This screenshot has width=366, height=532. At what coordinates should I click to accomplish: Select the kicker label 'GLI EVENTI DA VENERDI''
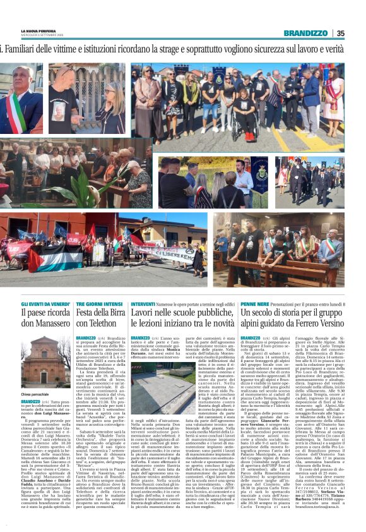[x=42, y=304]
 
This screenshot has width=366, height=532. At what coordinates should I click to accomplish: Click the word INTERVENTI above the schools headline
[x=143, y=304]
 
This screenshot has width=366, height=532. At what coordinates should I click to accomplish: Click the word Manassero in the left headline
[x=43, y=326]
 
